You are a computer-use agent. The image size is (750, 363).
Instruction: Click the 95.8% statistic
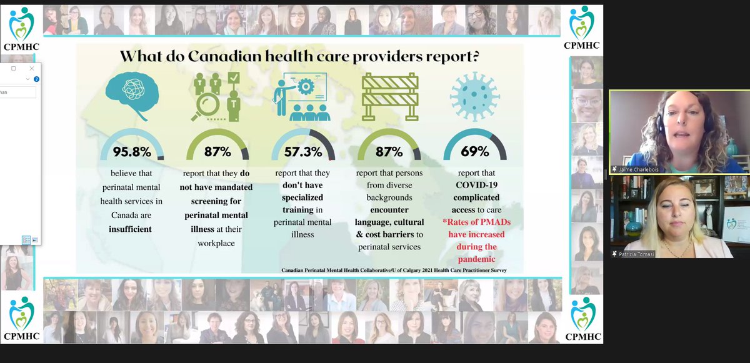132,151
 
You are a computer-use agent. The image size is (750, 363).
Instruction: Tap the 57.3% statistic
304,151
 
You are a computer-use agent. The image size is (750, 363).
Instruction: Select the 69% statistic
475,151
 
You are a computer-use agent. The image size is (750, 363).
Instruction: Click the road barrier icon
389,96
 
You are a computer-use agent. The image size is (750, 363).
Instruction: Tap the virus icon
475,95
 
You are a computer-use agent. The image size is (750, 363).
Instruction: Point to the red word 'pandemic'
475,259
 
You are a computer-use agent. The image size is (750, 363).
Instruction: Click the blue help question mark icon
37,79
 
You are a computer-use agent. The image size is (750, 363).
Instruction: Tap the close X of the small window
32,68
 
